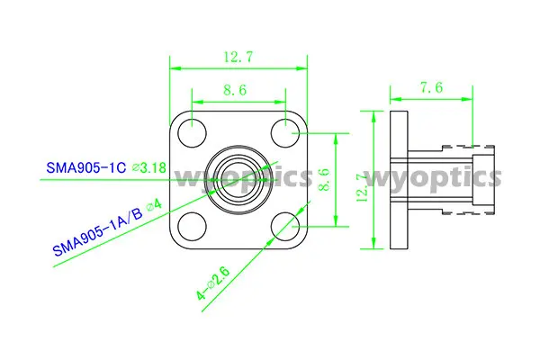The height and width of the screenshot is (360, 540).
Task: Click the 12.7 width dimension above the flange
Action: [x=238, y=57]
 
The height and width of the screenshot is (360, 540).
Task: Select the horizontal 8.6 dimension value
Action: [x=238, y=90]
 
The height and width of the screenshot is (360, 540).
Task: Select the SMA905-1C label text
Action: [x=85, y=167]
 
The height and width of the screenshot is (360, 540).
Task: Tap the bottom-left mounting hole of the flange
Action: [x=191, y=225]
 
